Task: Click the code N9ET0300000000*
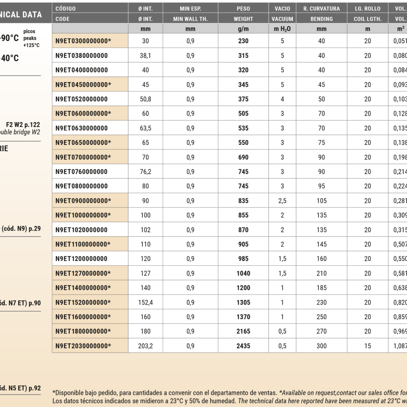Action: [83, 41]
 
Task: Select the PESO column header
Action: [243, 9]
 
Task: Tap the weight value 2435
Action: [243, 346]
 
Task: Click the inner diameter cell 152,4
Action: [145, 302]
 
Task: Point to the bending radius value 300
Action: [321, 346]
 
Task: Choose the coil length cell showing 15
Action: [367, 346]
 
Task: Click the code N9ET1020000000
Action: [81, 230]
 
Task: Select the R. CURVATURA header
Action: [321, 9]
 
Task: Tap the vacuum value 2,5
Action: [282, 201]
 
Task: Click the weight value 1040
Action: [243, 273]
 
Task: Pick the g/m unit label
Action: [243, 29]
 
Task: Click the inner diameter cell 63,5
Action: [145, 128]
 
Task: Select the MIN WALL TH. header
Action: [190, 19]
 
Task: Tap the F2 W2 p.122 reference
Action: [23, 125]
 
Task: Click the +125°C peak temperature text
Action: [31, 45]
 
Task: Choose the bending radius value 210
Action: [321, 273]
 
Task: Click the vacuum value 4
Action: [282, 99]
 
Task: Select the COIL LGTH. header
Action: [367, 19]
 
